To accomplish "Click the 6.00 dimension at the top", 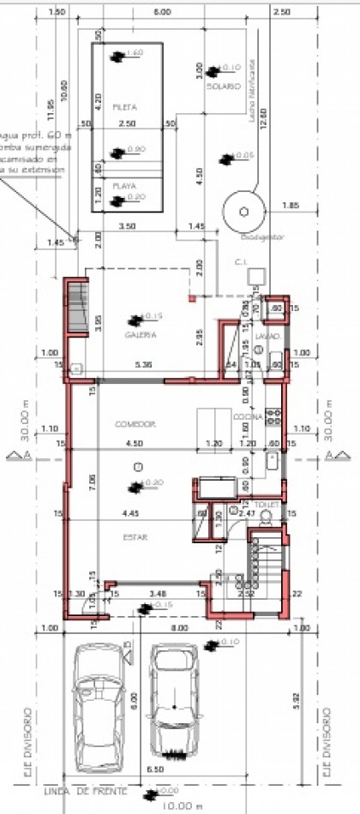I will tap(161, 13).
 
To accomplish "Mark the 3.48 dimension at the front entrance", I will tap(157, 592).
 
